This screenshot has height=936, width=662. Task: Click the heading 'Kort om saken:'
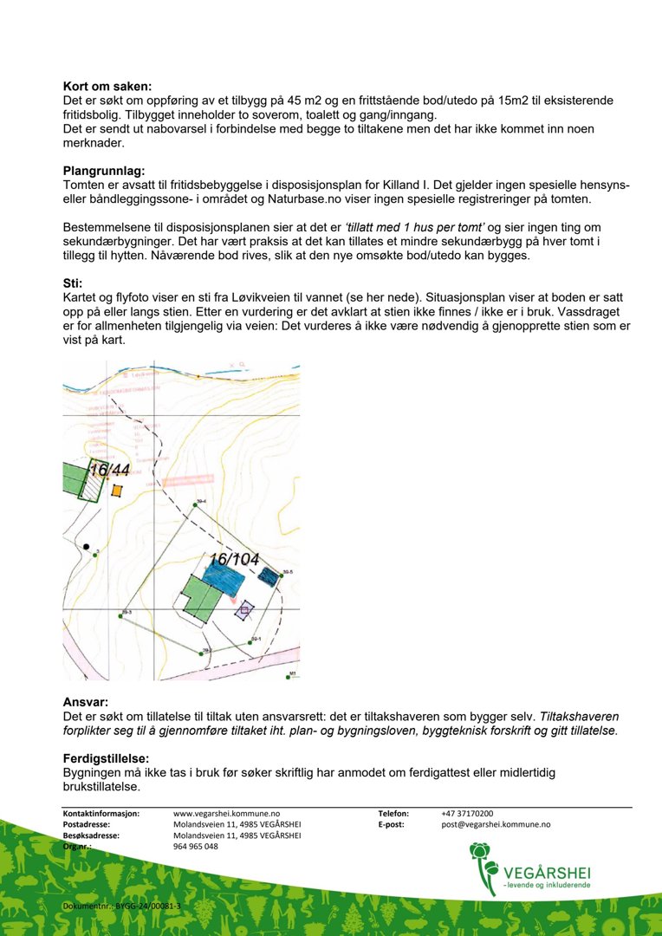click(x=107, y=87)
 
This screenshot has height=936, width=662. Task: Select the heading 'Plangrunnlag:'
click(x=104, y=171)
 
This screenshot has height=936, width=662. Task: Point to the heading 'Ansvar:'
click(x=86, y=702)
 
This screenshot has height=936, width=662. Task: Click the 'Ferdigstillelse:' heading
click(x=107, y=758)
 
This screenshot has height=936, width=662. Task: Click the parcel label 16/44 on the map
click(x=109, y=471)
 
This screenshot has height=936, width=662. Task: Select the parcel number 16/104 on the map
click(x=233, y=560)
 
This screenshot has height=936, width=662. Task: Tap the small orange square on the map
click(x=117, y=491)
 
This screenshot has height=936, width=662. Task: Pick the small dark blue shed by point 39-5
click(x=270, y=575)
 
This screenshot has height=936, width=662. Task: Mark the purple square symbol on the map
click(x=244, y=610)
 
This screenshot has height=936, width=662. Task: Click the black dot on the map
click(x=85, y=546)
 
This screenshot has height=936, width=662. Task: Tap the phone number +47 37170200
click(x=467, y=814)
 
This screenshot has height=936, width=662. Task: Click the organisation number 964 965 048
click(x=196, y=847)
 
